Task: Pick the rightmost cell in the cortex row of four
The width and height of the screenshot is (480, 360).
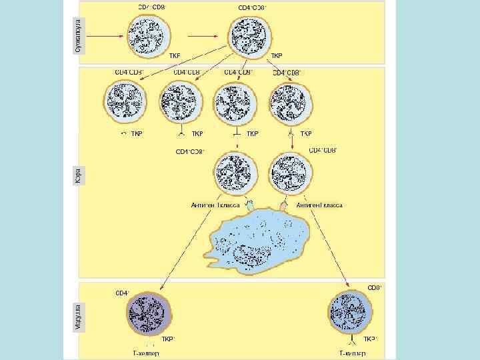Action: (291, 103)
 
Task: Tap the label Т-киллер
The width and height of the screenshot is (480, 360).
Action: (353, 354)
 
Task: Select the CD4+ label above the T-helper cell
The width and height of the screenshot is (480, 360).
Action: (123, 293)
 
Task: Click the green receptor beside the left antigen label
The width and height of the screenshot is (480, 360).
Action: (250, 204)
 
